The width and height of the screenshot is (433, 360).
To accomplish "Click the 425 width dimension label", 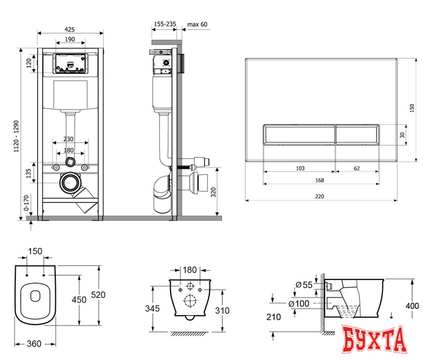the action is (x=70, y=29).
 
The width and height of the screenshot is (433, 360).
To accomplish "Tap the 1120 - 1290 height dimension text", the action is (x=16, y=136).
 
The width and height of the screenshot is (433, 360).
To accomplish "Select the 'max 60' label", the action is (x=197, y=25).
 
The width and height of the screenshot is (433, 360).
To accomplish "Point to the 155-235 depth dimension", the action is (x=165, y=24).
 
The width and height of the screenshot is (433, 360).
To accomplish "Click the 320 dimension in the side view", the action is (x=213, y=192).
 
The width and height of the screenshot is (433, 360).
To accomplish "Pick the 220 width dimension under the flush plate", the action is (x=319, y=196).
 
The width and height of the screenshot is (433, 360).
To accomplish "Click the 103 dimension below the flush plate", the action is (x=300, y=168).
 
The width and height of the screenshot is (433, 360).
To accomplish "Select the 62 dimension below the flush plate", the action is (x=357, y=168).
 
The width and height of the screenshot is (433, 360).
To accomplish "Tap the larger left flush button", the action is (x=299, y=134).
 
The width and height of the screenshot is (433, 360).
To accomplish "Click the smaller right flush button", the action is (x=358, y=134).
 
